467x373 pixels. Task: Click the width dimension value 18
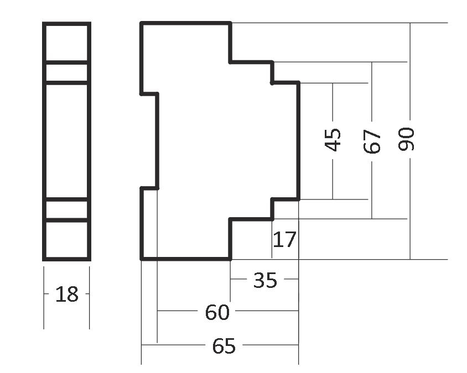pos(67,295)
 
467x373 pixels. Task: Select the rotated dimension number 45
pos(333,140)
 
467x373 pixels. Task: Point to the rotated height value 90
pos(407,139)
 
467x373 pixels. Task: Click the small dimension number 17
pos(285,240)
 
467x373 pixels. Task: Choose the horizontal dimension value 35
pos(264,280)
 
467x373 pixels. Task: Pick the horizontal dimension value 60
pos(217,313)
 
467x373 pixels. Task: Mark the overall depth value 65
pos(224,346)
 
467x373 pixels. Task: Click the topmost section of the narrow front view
pos(66,43)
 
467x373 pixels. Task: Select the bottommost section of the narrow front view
pos(66,239)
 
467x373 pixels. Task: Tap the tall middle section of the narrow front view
pos(66,140)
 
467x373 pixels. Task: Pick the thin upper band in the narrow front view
pos(66,73)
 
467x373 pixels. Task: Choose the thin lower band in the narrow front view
pos(66,209)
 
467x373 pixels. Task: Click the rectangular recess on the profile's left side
pos(149,141)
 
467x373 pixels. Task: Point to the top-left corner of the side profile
pos(142,23)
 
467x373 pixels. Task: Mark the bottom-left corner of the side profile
pos(142,258)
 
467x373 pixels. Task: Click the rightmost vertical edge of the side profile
pos(298,141)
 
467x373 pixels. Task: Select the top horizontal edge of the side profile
pos(185,23)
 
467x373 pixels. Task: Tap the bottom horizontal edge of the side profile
pos(185,258)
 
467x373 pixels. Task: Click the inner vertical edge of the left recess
pos(158,141)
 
